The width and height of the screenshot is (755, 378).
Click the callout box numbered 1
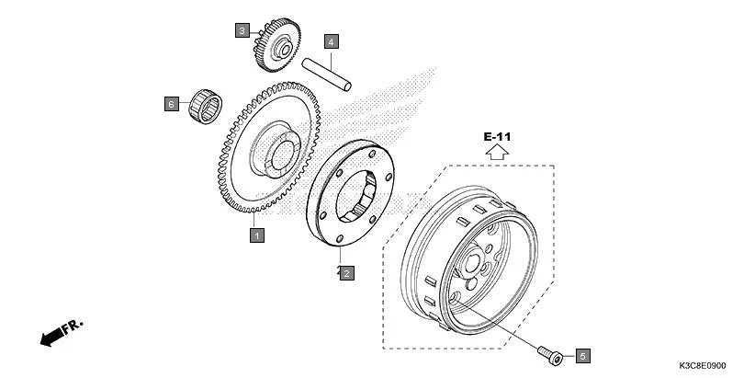point(257,235)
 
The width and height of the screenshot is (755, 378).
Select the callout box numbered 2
point(345,272)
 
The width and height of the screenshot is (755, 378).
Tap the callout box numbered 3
point(242,30)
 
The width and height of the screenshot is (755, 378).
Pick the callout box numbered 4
point(331,40)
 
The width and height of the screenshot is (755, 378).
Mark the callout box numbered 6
point(170,104)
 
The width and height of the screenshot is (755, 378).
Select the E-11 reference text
point(497,137)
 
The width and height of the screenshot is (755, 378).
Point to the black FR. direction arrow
point(53,338)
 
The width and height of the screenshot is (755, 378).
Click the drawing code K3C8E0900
point(716,365)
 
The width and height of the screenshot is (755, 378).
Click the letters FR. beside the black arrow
point(73,326)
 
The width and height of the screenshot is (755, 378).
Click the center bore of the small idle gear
point(284,48)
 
